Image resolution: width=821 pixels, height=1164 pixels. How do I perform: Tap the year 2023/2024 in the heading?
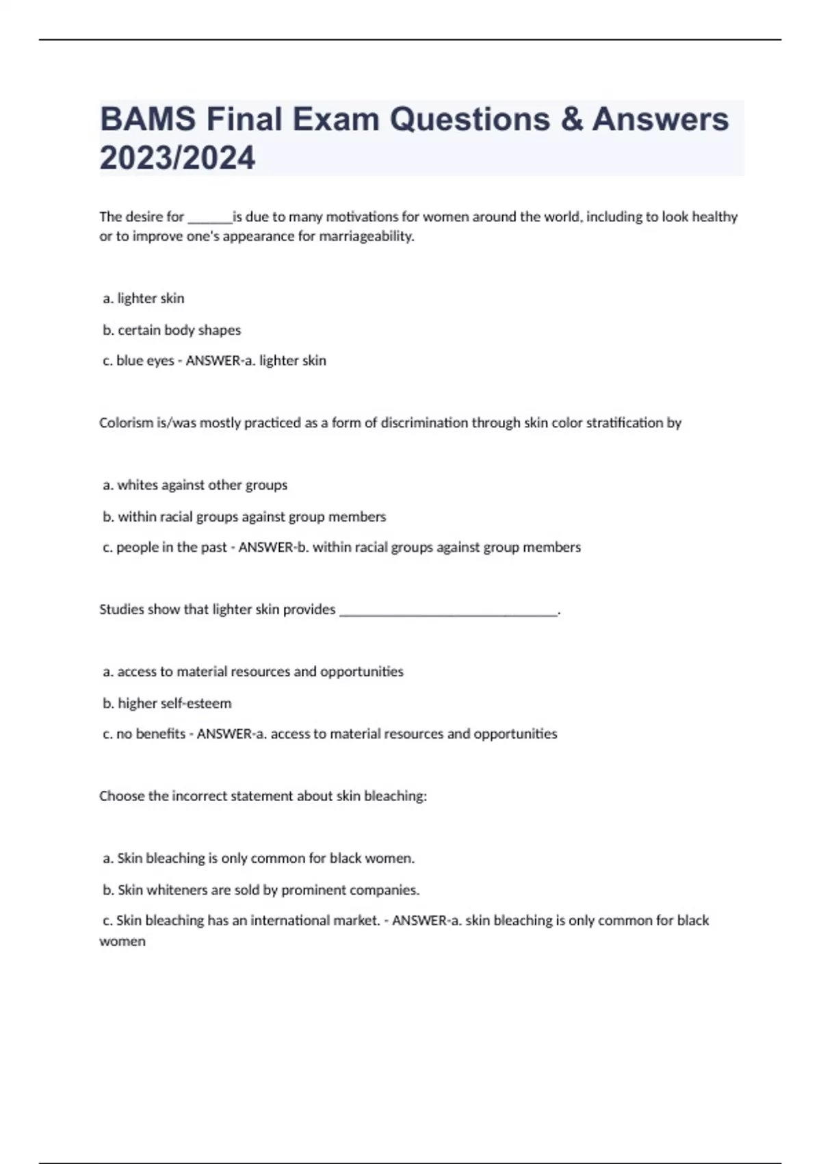(177, 158)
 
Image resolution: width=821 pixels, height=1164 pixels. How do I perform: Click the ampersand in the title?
(571, 120)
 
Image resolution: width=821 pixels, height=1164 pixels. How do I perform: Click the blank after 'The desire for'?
(209, 218)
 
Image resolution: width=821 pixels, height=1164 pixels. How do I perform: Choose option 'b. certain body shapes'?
(172, 330)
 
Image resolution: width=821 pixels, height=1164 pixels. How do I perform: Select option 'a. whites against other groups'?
(195, 485)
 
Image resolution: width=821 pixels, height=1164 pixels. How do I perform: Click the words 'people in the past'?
(172, 548)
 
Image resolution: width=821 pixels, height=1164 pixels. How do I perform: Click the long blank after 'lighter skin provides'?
(449, 610)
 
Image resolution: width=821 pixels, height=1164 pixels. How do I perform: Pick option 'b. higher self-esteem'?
(167, 703)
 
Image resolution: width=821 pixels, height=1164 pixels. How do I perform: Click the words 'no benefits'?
(151, 734)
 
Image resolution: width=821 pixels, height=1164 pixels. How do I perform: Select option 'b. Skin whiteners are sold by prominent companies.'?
(261, 890)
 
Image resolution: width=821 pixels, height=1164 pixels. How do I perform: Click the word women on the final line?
(122, 941)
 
